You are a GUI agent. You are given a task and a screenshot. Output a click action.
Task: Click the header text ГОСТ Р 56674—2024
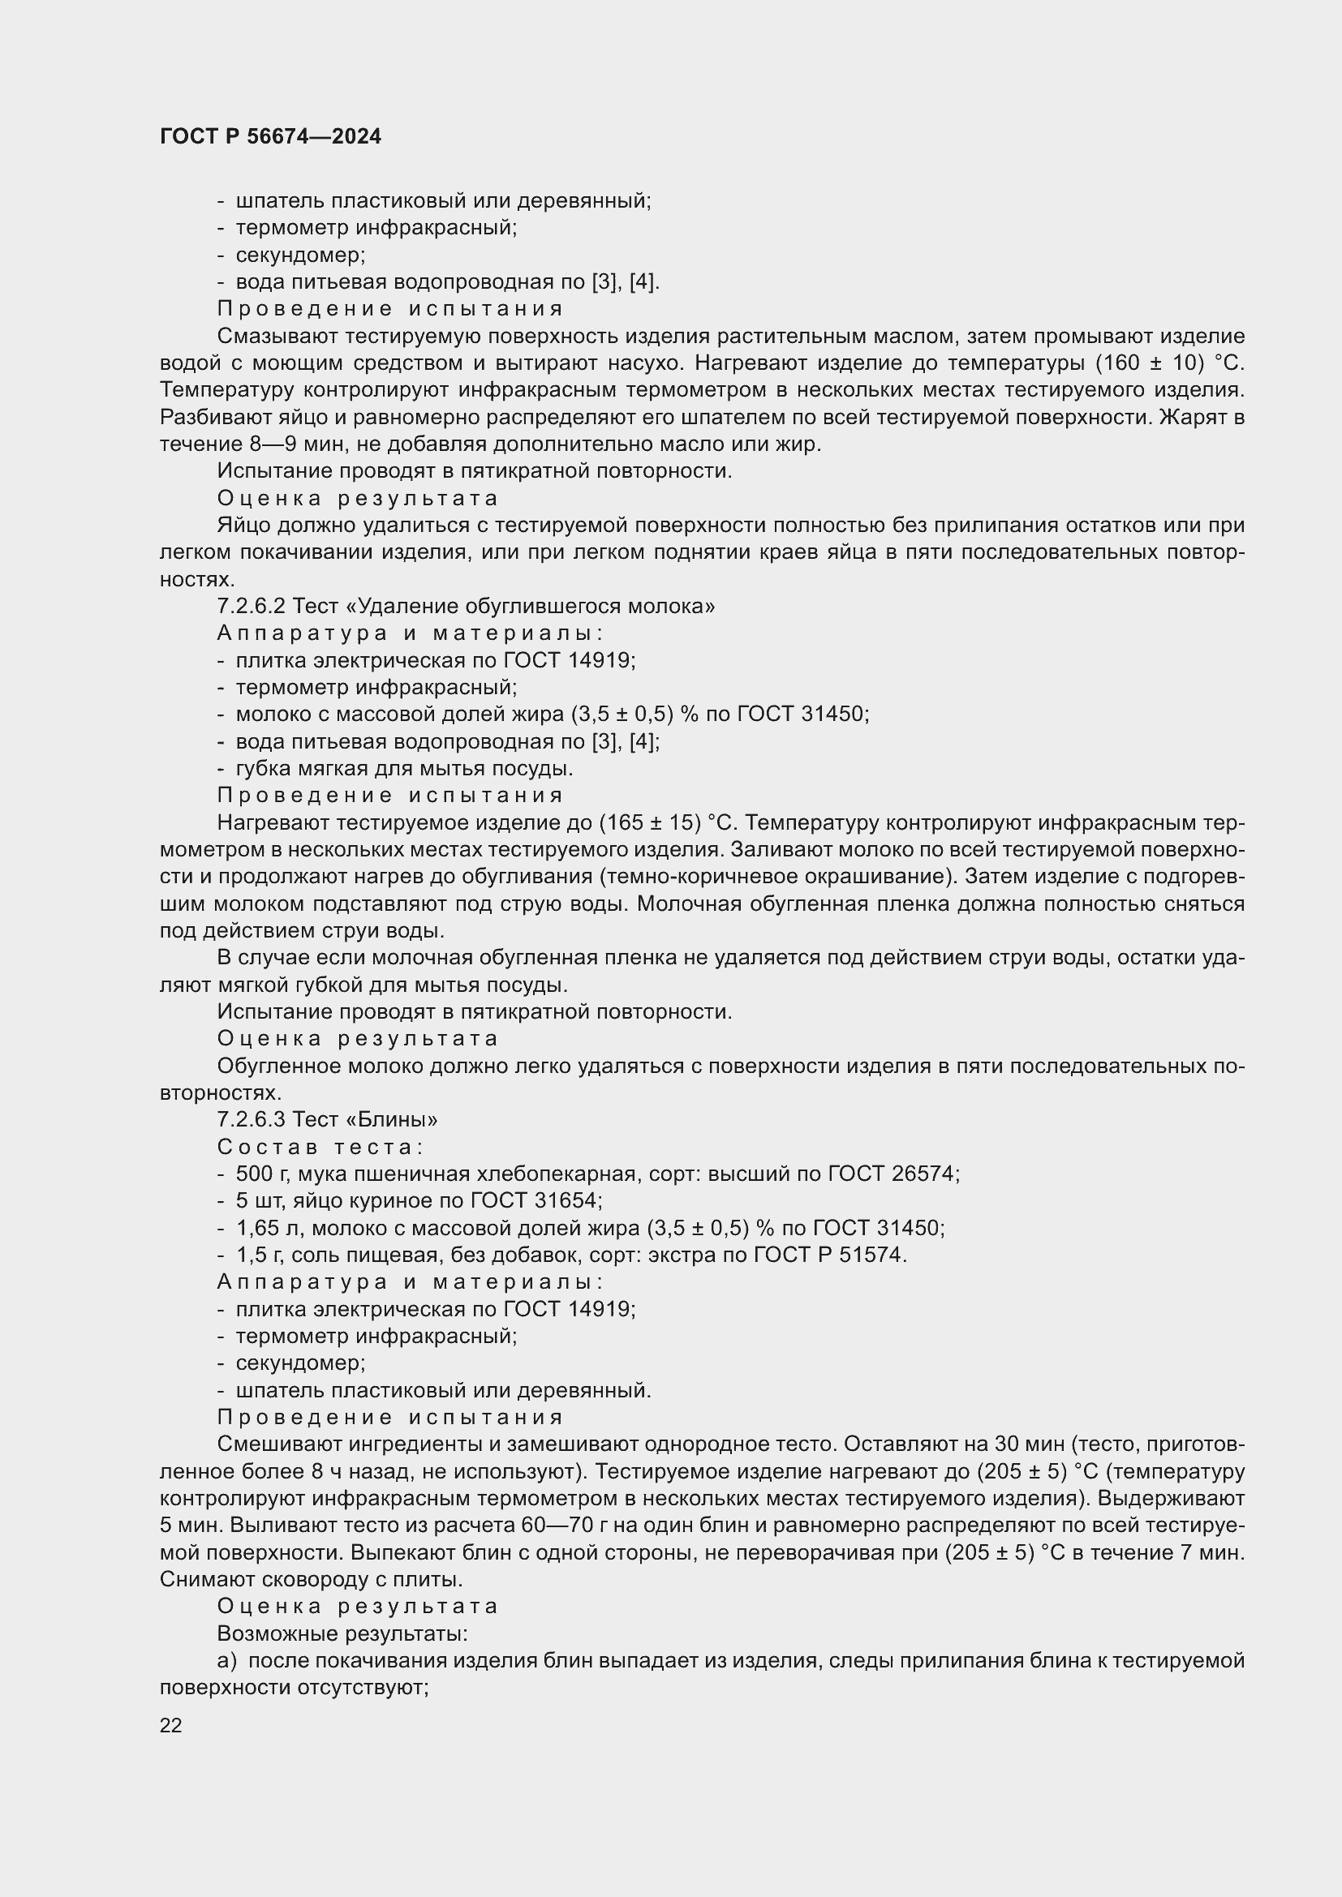(x=270, y=136)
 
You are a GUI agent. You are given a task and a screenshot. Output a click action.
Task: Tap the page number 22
(x=171, y=1725)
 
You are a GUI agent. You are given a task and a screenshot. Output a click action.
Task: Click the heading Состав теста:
(x=320, y=1147)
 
